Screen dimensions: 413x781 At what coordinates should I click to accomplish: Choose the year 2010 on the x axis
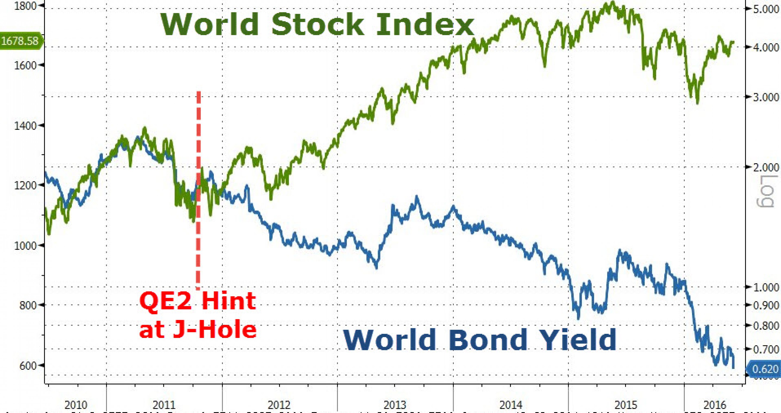[76, 405]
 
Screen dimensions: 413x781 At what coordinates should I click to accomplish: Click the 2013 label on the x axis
[395, 405]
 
